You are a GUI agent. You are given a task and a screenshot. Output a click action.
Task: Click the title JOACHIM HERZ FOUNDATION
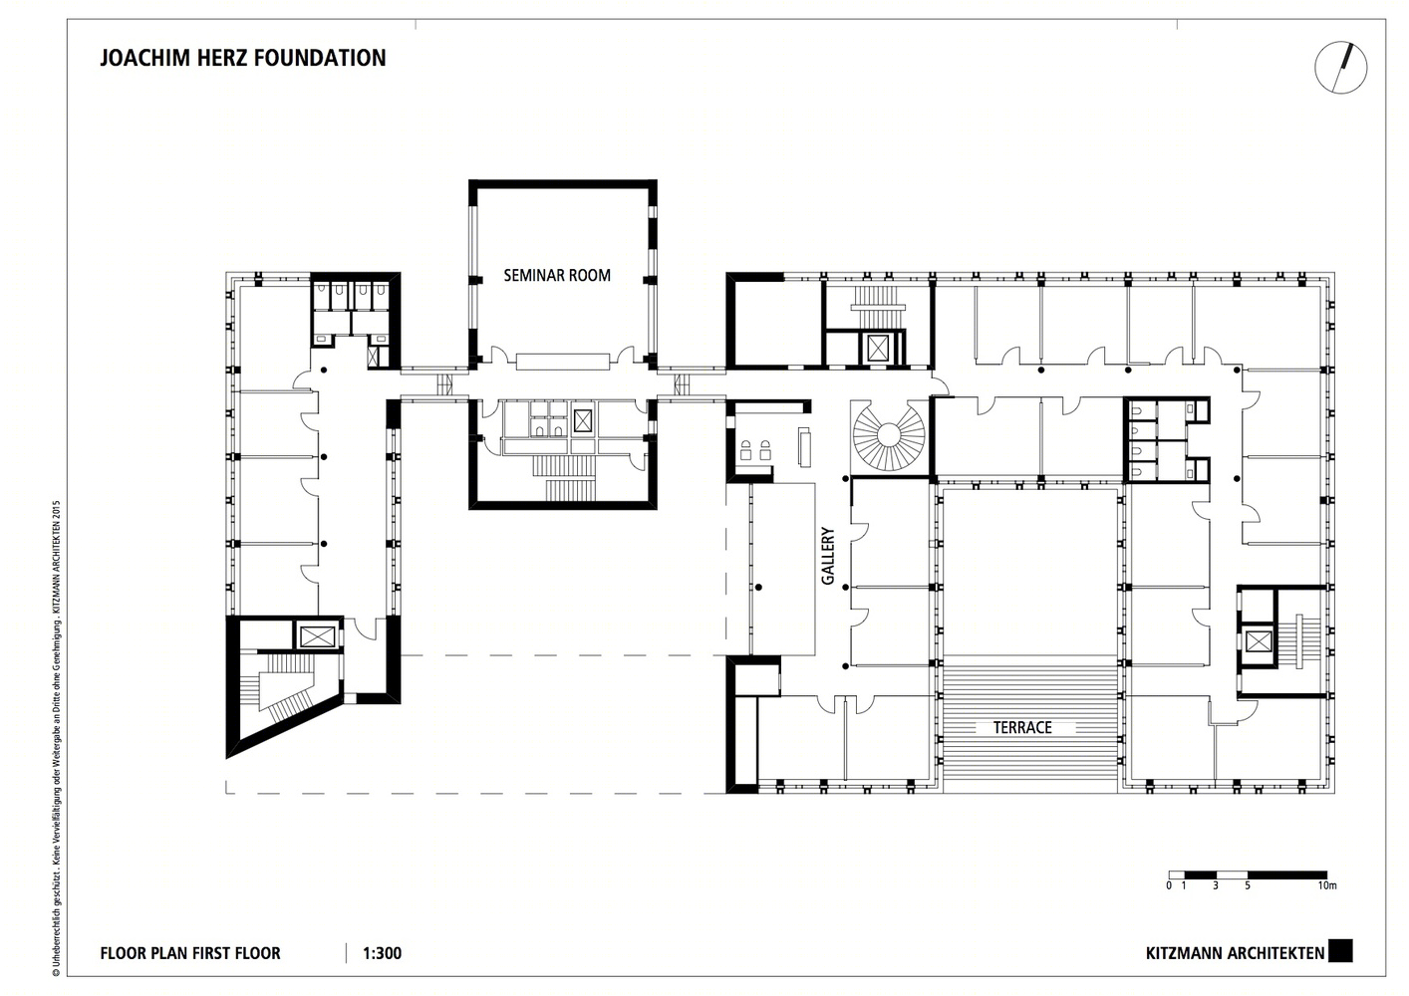pos(242,58)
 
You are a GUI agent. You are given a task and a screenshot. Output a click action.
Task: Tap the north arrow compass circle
pos(1340,68)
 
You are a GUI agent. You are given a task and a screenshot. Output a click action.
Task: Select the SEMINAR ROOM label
pos(556,276)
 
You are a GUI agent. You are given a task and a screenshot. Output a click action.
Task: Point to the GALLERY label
pos(828,556)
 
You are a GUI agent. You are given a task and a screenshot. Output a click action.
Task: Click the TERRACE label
pos(1021,728)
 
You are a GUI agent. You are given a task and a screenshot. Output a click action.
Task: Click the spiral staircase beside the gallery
pos(888,435)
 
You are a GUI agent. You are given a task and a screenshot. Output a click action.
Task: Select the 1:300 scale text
pos(383,953)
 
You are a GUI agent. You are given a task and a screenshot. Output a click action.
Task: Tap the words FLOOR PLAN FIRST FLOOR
pos(190,953)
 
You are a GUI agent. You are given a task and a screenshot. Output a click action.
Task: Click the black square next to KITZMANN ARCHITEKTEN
pos(1341,952)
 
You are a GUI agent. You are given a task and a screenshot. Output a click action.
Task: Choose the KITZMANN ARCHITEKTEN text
pos(1235,953)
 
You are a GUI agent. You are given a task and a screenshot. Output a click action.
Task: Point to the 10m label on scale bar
pos(1325,884)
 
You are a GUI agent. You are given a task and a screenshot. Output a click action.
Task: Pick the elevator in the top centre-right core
pos(878,348)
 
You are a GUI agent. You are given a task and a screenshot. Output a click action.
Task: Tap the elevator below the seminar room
pos(583,418)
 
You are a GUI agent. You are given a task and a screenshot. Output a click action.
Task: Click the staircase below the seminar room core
pos(563,475)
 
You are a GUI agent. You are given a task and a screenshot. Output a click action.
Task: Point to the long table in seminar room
pos(561,360)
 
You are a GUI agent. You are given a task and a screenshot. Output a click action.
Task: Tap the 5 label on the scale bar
pos(1247,884)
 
